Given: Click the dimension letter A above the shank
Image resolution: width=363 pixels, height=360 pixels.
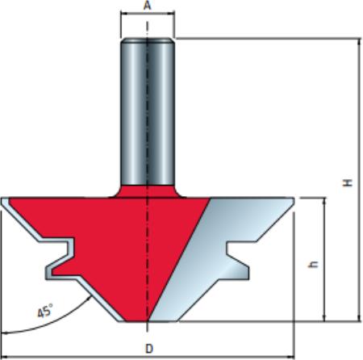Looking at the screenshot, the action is coord(147,5).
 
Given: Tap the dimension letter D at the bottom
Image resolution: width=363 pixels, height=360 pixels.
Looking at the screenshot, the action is coord(149,349).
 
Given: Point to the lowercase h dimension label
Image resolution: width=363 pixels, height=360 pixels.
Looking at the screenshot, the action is coord(313,265).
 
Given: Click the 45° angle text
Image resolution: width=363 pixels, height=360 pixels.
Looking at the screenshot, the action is coord(45,312).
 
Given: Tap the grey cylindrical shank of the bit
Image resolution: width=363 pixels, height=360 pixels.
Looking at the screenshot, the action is coord(148,112).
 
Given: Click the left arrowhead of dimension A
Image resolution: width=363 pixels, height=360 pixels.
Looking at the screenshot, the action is coord(123,13).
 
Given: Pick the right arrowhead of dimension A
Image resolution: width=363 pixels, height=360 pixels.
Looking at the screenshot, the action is coord(172,13).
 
